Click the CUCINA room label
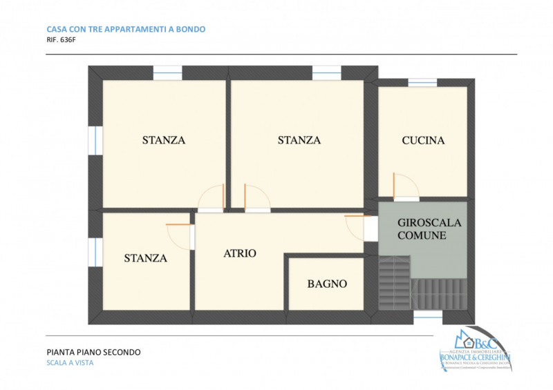click(x=423, y=141)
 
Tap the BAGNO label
click(x=327, y=284)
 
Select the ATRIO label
click(x=240, y=253)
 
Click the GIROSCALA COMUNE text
click(x=429, y=229)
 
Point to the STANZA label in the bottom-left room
click(x=146, y=258)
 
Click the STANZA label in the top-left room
click(x=164, y=140)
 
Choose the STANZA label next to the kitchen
click(x=299, y=140)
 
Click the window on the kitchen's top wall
click(x=422, y=82)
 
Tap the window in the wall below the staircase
click(x=427, y=315)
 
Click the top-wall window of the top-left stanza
click(x=167, y=72)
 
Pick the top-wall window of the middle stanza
click(x=326, y=72)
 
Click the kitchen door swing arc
click(x=405, y=185)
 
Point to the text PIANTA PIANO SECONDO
click(x=93, y=352)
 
